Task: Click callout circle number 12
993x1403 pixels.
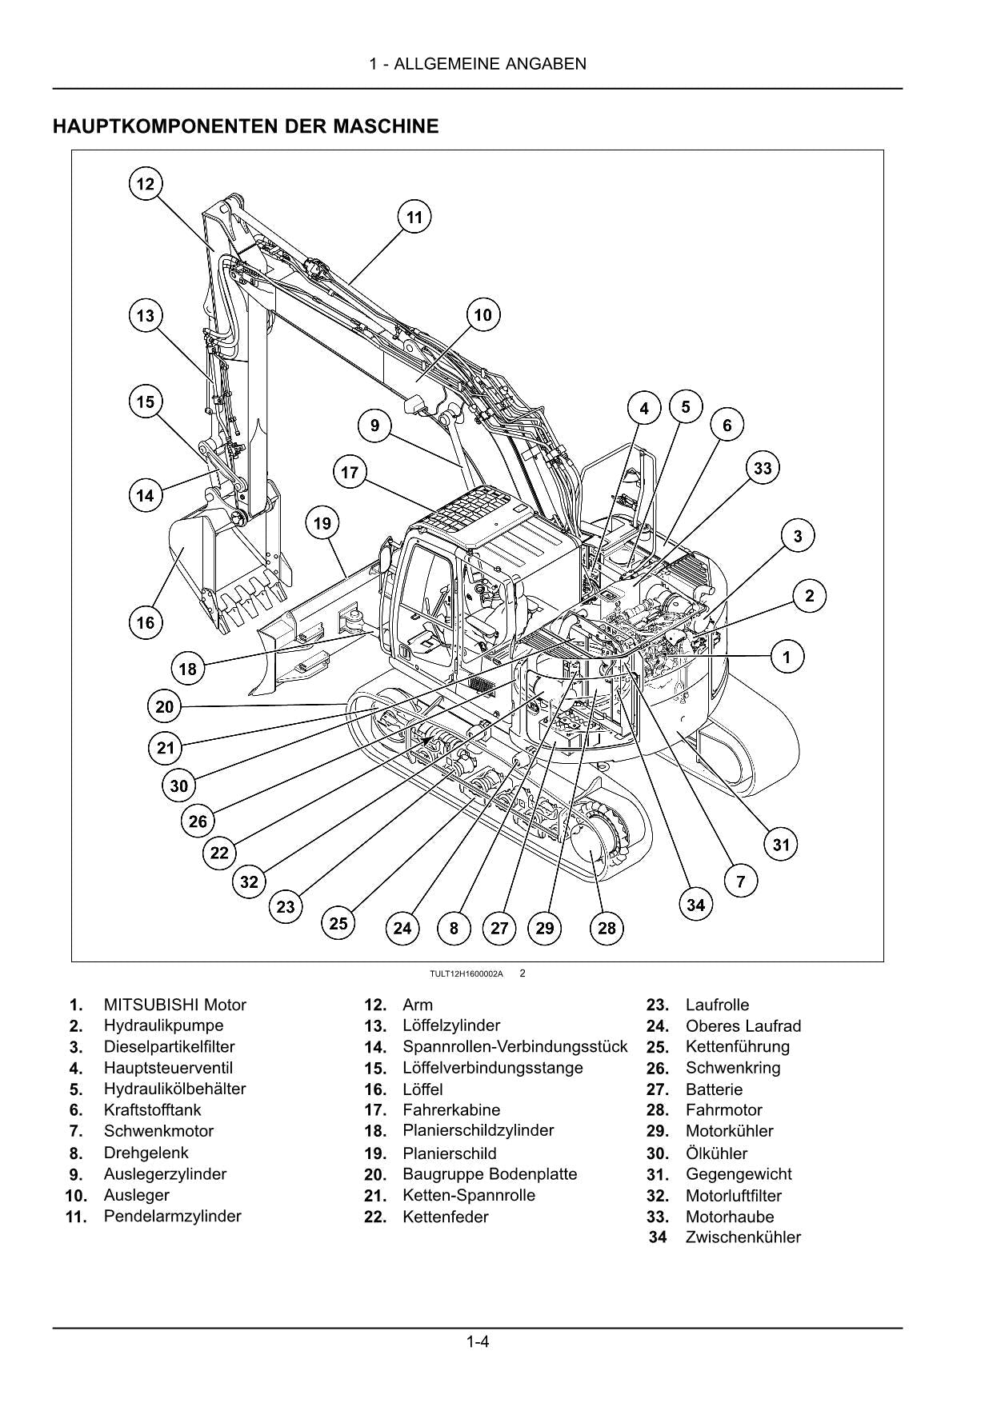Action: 145,184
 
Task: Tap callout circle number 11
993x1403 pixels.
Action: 414,218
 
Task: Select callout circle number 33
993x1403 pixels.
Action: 763,468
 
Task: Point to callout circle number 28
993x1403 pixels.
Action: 607,928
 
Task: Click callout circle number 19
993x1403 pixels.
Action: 322,524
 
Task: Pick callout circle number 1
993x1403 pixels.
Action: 787,658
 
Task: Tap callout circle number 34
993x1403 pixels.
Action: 696,905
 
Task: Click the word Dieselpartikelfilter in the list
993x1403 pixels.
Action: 169,1046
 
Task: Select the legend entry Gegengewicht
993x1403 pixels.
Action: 738,1174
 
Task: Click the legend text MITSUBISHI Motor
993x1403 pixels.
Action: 174,1005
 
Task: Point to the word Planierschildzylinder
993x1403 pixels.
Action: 478,1130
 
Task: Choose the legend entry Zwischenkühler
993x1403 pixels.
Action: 743,1237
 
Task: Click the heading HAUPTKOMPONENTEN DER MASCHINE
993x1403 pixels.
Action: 246,126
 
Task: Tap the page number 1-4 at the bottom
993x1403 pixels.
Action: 478,1341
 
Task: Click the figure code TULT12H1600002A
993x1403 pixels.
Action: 466,973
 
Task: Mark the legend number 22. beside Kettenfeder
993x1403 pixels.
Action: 375,1217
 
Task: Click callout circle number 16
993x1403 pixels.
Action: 145,622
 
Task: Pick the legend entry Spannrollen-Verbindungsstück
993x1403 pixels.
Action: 515,1046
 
